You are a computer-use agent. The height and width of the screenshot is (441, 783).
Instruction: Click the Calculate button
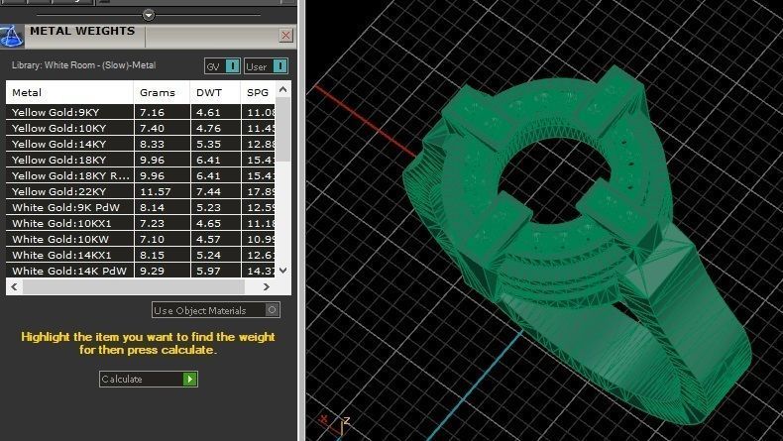point(149,379)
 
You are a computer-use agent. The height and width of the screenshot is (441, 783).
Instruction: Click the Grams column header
point(157,92)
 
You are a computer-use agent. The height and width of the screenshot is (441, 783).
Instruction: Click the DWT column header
point(210,92)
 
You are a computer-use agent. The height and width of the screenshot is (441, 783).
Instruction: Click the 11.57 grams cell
point(157,191)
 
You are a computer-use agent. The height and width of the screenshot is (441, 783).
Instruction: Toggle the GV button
point(222,66)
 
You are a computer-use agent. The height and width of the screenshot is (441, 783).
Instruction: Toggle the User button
point(266,66)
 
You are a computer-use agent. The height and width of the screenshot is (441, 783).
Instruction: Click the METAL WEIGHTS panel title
point(81,32)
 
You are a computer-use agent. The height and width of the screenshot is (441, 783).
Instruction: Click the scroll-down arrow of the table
point(283,270)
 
